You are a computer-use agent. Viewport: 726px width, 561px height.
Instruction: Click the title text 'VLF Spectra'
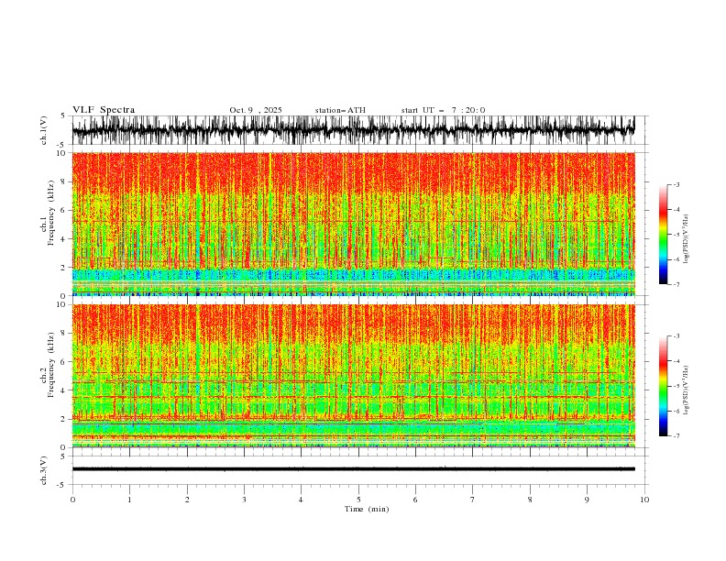(104, 110)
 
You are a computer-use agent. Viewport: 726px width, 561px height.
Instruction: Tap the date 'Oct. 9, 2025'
(256, 110)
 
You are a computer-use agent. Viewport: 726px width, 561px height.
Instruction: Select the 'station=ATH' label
(340, 110)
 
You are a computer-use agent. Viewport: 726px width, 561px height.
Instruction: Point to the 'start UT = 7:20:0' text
(443, 110)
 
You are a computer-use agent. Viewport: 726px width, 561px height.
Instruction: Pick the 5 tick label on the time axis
(358, 500)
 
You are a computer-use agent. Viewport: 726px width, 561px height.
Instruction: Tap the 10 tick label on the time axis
(644, 500)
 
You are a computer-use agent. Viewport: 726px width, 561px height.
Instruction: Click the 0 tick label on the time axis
(72, 500)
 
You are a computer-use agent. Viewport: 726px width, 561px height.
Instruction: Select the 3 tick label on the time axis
(244, 500)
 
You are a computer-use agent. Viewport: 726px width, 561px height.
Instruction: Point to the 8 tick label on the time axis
(530, 500)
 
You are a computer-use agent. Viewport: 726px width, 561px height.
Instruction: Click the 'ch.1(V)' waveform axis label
(43, 130)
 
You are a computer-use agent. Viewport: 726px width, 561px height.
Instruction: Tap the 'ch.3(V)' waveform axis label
(43, 468)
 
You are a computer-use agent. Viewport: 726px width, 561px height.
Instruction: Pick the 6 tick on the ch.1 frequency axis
(64, 210)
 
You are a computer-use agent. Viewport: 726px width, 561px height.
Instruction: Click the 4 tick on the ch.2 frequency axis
(64, 390)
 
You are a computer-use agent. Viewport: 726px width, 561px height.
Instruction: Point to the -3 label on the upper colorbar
(676, 185)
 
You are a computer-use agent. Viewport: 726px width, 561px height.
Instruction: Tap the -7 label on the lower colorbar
(676, 436)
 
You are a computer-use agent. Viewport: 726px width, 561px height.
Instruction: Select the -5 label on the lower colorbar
(676, 387)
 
